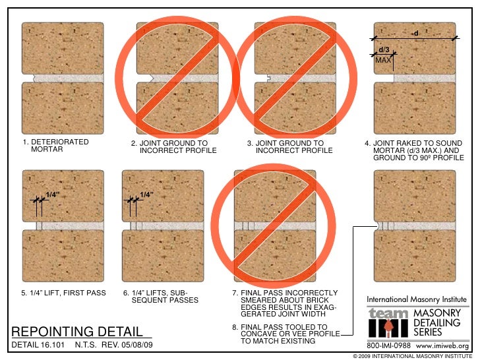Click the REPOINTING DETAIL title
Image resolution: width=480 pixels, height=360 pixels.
point(77,330)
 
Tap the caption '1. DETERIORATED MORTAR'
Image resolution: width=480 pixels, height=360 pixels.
point(55,146)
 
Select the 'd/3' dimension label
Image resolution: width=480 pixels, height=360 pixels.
point(383,50)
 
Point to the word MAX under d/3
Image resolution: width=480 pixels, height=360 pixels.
point(383,60)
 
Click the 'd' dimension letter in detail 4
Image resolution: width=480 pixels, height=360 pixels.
point(416,32)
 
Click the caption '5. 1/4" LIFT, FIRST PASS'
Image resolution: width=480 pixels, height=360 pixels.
point(63,293)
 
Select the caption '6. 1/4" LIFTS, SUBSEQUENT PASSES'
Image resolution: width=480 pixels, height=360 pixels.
point(160,297)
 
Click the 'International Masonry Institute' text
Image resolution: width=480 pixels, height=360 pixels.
point(417,299)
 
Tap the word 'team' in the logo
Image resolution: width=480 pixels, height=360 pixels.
point(387,314)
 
